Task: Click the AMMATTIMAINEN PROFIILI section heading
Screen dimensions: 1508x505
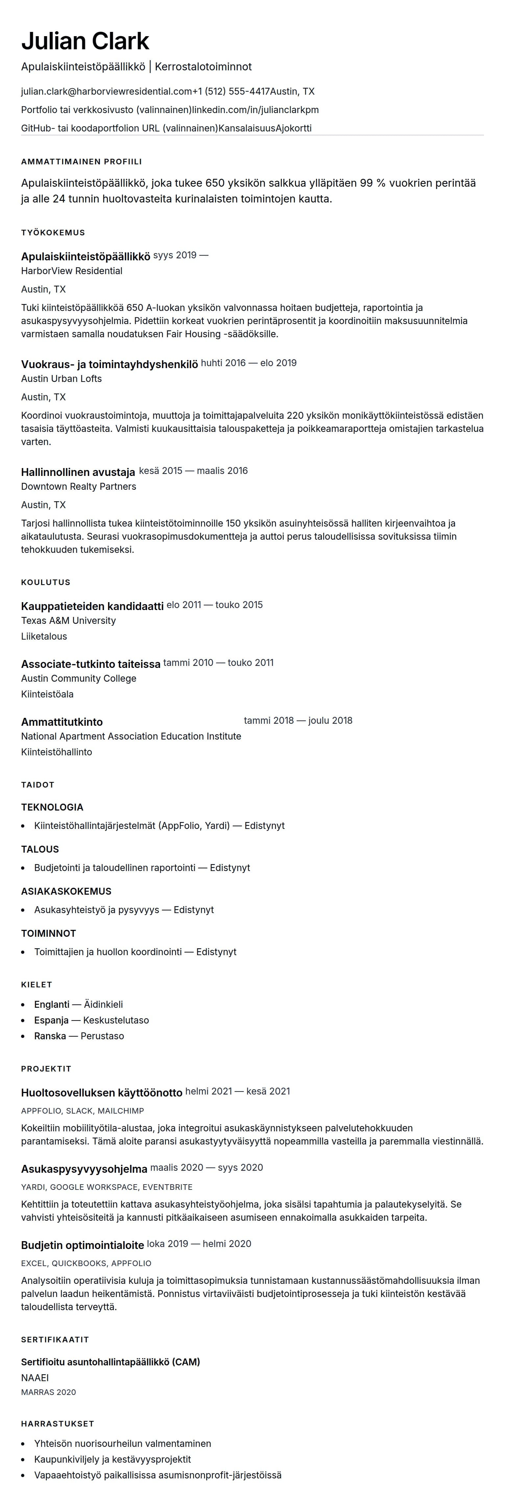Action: pos(82,162)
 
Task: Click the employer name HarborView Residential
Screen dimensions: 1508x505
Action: pos(71,271)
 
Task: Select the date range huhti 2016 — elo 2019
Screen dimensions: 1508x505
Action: pos(249,363)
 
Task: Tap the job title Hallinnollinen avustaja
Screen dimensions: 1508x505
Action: pos(78,472)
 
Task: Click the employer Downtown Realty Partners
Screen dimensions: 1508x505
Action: pos(79,486)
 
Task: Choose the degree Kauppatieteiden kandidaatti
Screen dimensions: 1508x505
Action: pos(92,606)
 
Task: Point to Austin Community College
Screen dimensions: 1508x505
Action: pos(79,678)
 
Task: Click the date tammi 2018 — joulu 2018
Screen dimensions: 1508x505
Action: pos(298,720)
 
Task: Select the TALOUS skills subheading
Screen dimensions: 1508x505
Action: pos(40,849)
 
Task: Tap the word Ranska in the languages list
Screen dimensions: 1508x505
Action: pos(50,1036)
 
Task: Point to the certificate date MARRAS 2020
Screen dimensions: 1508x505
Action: pos(49,1392)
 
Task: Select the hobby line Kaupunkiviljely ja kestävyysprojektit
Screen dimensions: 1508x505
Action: pos(112,1459)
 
